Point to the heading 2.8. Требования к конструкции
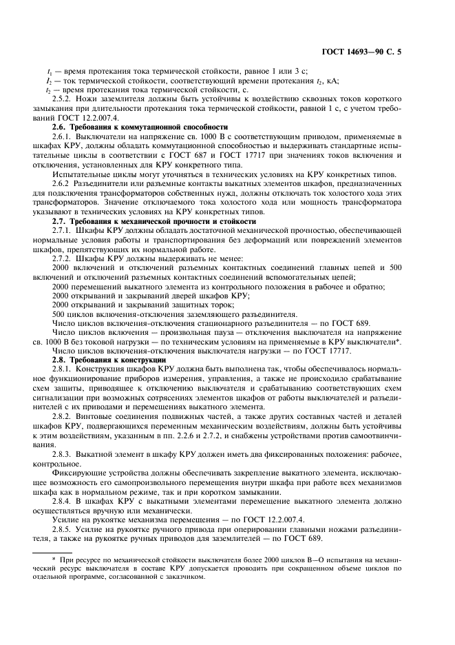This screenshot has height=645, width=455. pyautogui.click(x=109, y=360)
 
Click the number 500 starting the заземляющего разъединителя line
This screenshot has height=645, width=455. pyautogui.click(x=60, y=314)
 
